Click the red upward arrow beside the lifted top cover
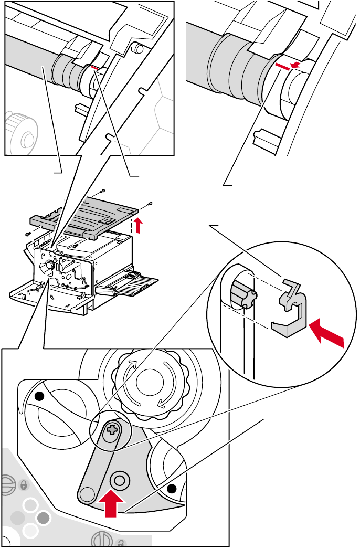[x=138, y=226]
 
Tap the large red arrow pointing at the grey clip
[x=326, y=333]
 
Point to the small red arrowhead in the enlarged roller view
[x=297, y=65]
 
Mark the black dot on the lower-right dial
[x=171, y=489]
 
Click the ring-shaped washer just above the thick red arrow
[x=119, y=480]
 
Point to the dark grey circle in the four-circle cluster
[x=44, y=519]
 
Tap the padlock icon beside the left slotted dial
[x=23, y=484]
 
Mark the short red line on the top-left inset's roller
[x=94, y=67]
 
